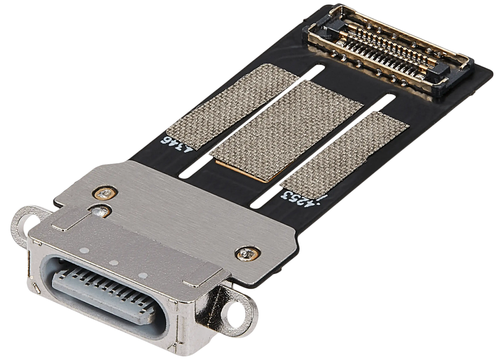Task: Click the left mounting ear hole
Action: click(x=22, y=218)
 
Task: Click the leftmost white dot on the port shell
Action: click(x=86, y=251)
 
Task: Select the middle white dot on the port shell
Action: click(x=113, y=263)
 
